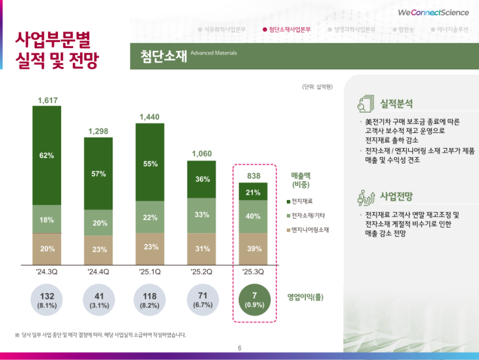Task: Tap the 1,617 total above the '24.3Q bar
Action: click(47, 100)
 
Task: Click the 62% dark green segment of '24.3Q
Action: click(47, 156)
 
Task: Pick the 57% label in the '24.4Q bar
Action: click(99, 174)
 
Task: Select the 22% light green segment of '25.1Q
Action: click(150, 216)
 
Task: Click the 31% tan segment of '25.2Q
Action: click(202, 249)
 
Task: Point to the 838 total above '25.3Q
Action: click(253, 175)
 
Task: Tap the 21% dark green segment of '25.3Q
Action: click(253, 192)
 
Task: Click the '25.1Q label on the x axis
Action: click(150, 273)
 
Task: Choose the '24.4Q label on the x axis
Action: click(99, 273)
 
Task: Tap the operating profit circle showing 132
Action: click(47, 300)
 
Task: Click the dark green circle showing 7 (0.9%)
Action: click(253, 300)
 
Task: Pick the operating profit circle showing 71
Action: click(202, 300)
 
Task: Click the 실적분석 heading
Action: click(396, 104)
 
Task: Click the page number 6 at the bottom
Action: click(239, 349)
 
